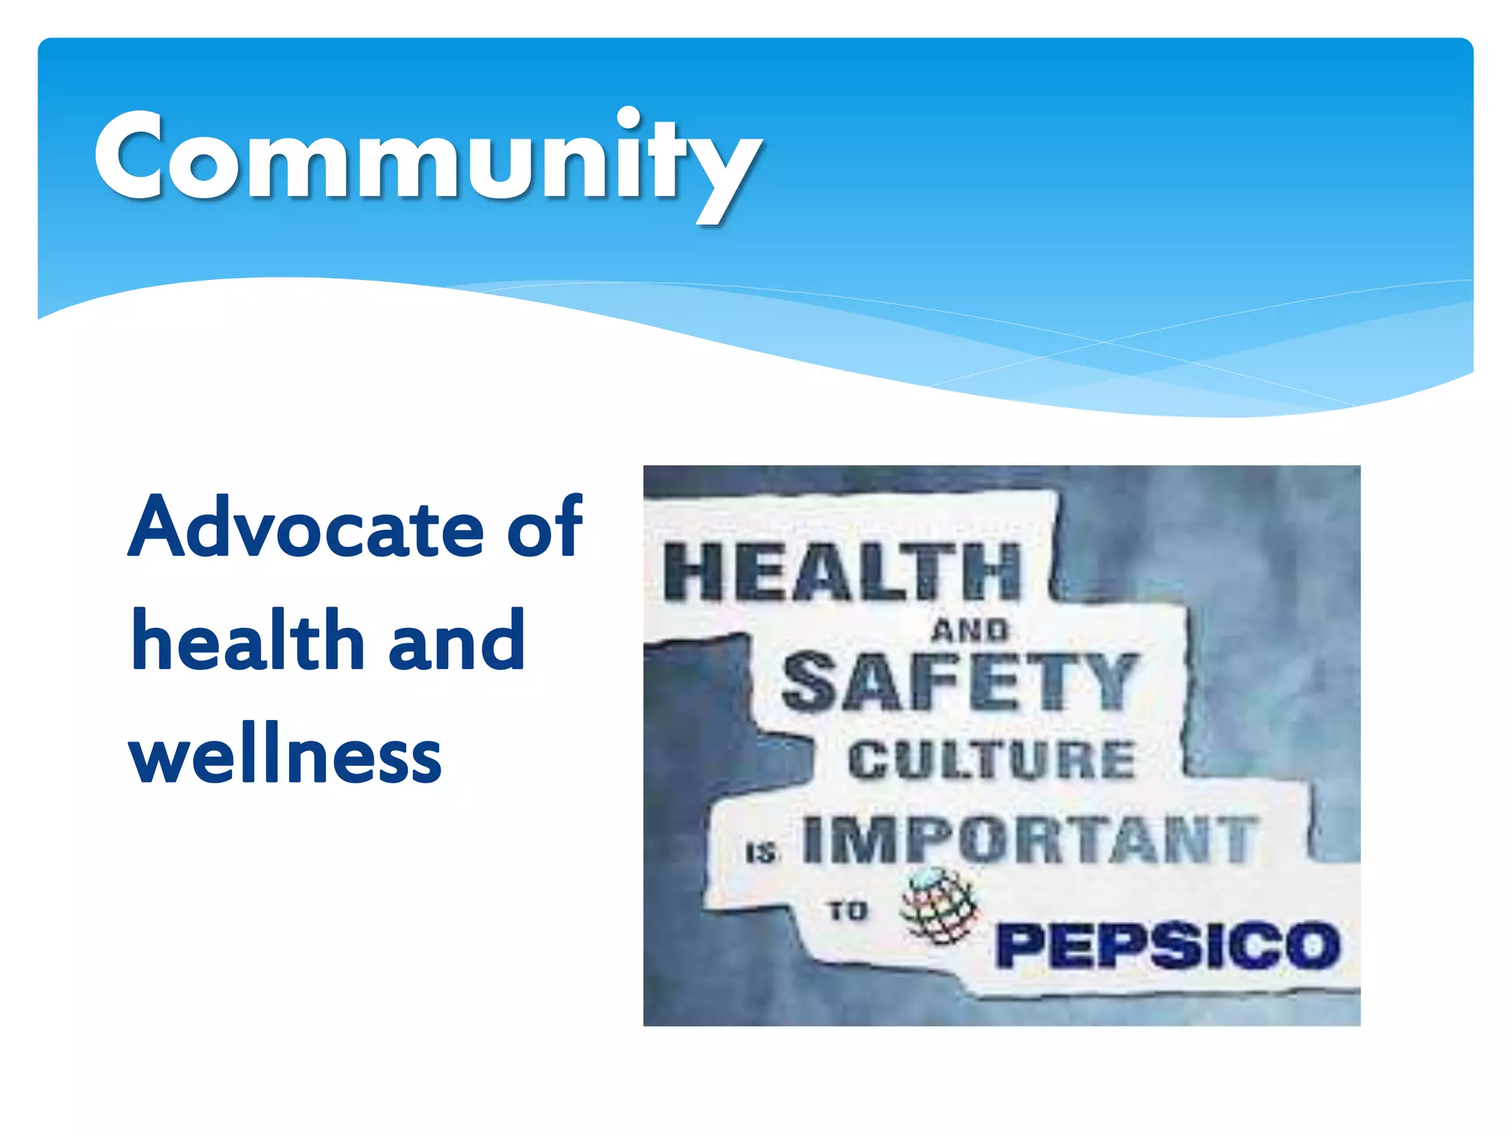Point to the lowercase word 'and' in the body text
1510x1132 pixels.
(457, 641)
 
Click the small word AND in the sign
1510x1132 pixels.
(969, 630)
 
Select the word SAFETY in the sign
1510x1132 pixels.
(958, 682)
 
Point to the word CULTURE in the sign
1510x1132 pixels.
(991, 760)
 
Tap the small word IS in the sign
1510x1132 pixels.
(762, 853)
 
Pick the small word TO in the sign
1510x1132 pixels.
(847, 911)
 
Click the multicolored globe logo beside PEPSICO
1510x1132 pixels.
(939, 906)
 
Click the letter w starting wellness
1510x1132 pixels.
(165, 759)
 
